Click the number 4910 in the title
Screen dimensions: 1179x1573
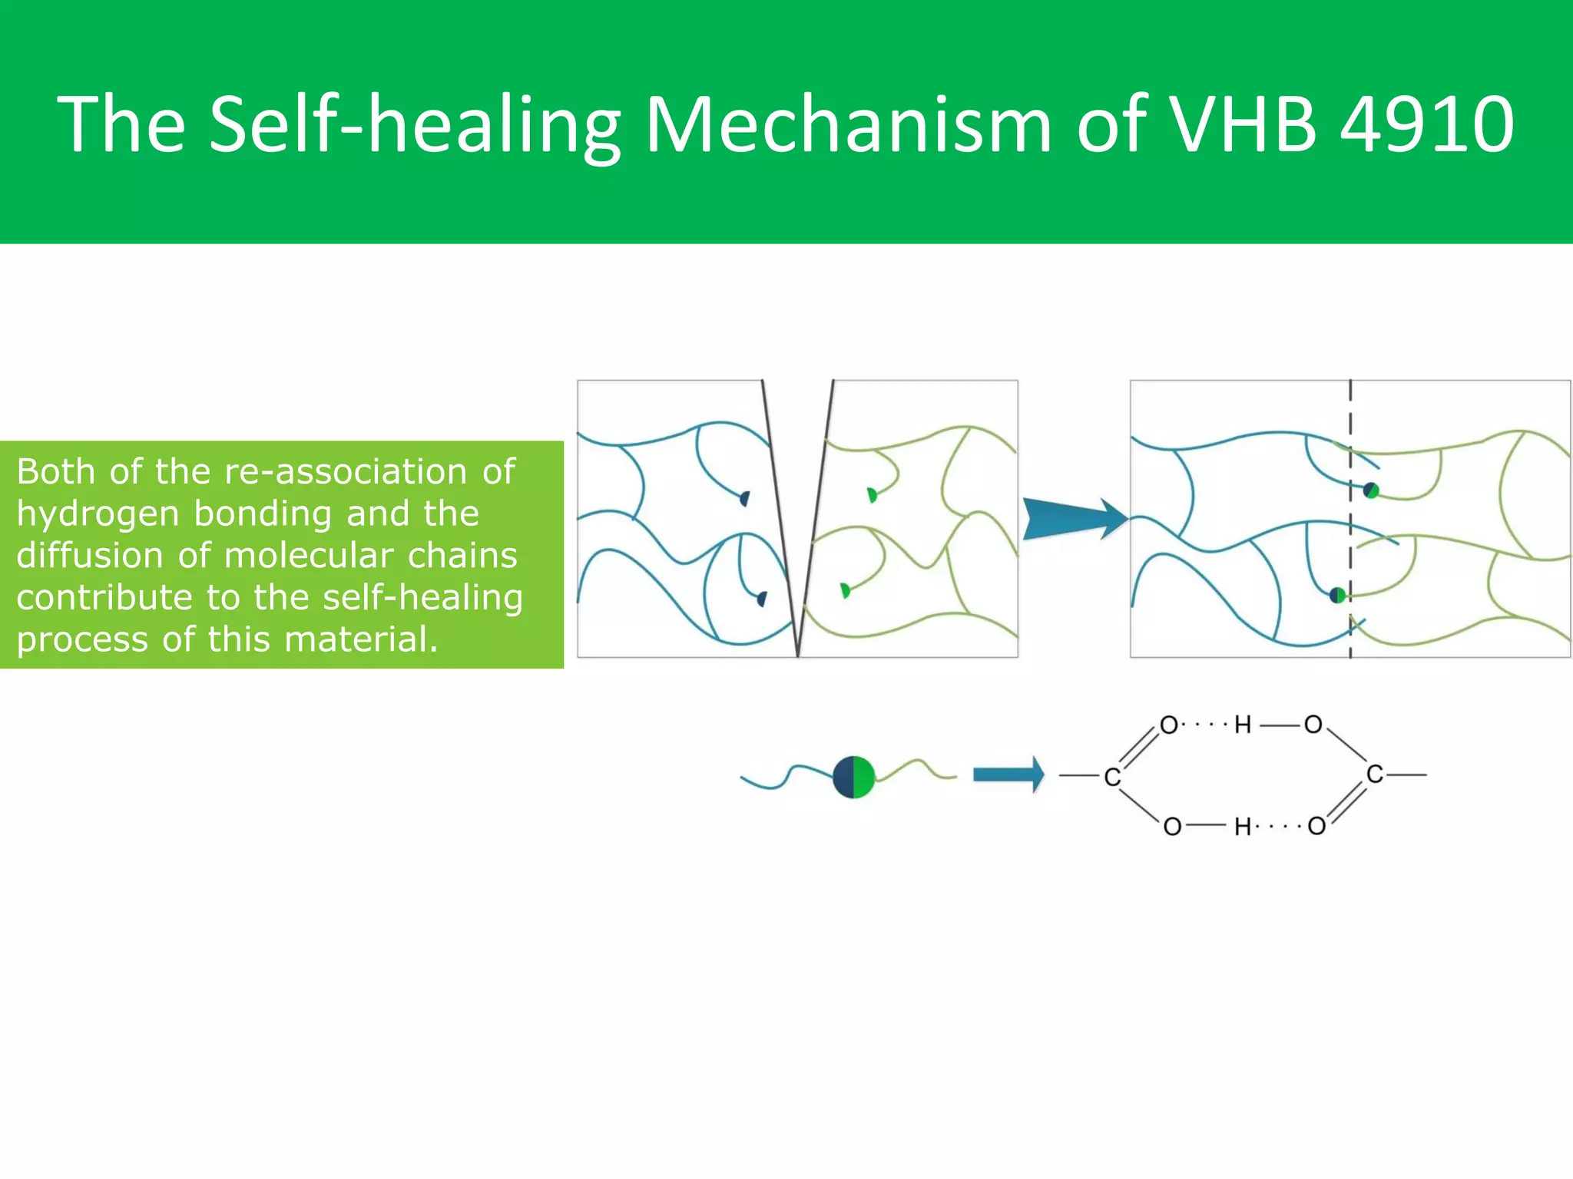(1427, 123)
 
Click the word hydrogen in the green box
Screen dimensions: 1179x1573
(98, 514)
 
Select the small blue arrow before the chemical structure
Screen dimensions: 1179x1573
(1008, 774)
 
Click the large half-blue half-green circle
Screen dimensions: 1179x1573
(853, 778)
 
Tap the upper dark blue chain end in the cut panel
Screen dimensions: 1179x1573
(744, 499)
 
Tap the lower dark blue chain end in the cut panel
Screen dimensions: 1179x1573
(762, 599)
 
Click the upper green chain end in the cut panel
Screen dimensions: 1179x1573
(872, 495)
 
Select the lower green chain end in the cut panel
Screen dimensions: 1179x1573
(846, 590)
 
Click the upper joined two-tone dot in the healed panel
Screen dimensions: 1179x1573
(1371, 490)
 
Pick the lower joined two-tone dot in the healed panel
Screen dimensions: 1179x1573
(1338, 594)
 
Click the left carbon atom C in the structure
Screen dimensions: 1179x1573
(1111, 778)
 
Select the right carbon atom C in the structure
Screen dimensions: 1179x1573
(1375, 774)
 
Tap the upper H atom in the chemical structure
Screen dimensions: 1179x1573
(1243, 725)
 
